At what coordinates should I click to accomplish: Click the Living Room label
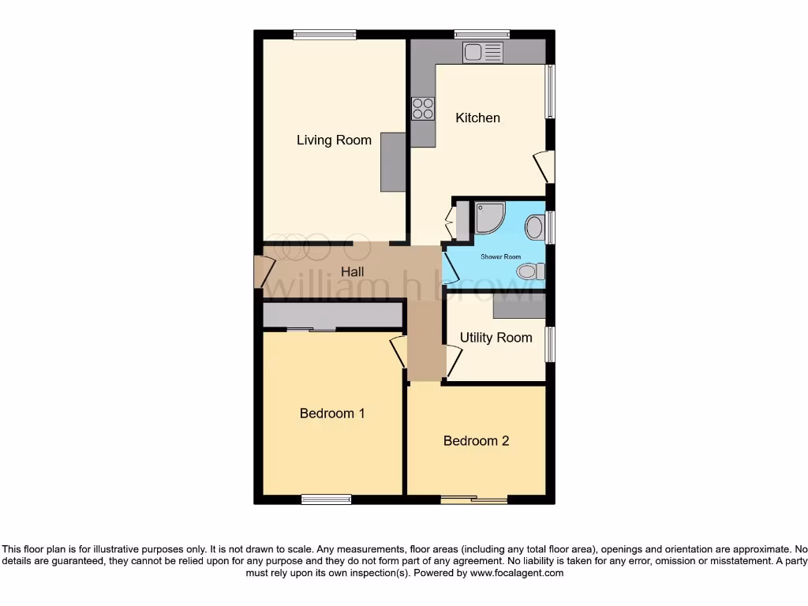pyautogui.click(x=334, y=140)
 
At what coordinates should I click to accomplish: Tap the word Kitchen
pyautogui.click(x=478, y=118)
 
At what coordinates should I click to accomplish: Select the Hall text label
pyautogui.click(x=352, y=271)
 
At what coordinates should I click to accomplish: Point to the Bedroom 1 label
pyautogui.click(x=332, y=413)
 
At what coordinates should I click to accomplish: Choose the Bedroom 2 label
pyautogui.click(x=476, y=440)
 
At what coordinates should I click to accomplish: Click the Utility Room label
pyautogui.click(x=496, y=337)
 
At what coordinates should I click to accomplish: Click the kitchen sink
pyautogui.click(x=483, y=53)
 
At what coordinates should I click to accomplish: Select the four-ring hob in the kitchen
pyautogui.click(x=423, y=108)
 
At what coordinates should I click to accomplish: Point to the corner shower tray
pyautogui.click(x=488, y=216)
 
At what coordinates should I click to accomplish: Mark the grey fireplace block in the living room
pyautogui.click(x=392, y=162)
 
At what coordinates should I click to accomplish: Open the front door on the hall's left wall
pyautogui.click(x=260, y=272)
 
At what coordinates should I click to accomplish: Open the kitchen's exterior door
pyautogui.click(x=544, y=166)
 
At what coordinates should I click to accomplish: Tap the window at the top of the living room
pyautogui.click(x=324, y=34)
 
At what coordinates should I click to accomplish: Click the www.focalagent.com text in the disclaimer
pyautogui.click(x=517, y=574)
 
